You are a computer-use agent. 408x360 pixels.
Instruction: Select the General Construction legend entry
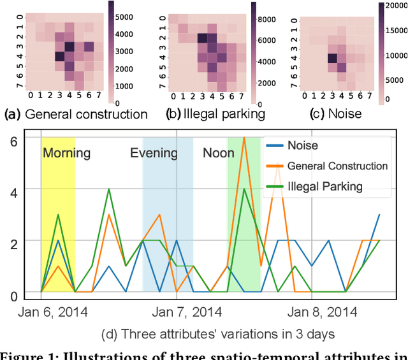coord(337,166)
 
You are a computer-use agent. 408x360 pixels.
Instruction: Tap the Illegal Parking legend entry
coord(324,186)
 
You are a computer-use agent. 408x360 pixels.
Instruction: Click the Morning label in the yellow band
coord(66,153)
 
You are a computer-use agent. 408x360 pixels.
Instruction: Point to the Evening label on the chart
coord(154,153)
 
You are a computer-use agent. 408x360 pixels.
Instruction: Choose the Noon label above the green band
coord(219,153)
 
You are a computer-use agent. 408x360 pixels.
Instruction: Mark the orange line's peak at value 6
coord(244,138)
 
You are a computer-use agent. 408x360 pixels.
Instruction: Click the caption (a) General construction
coord(76,115)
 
